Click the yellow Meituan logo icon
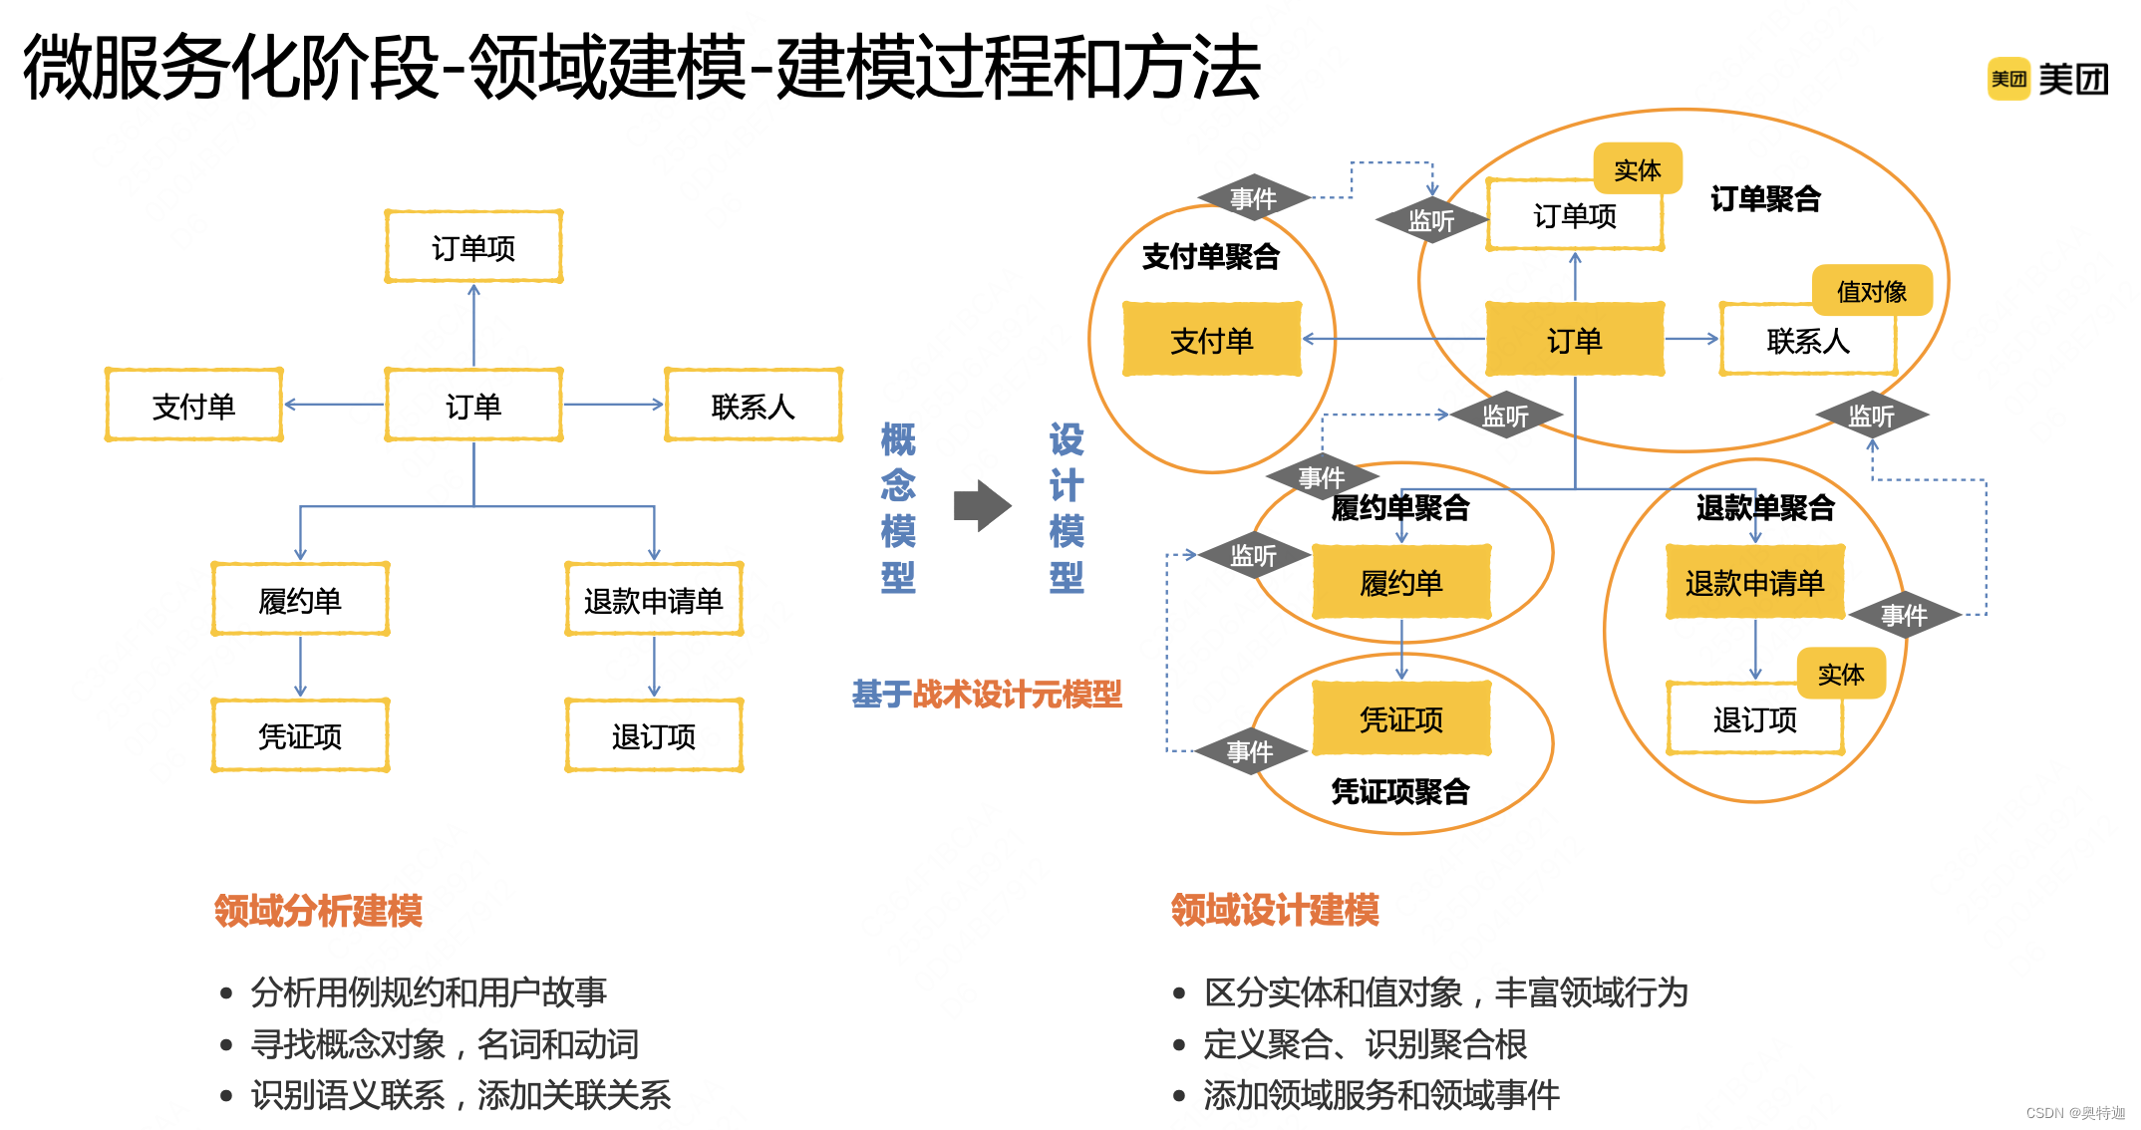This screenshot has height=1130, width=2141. click(2008, 79)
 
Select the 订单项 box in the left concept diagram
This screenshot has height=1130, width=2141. click(473, 247)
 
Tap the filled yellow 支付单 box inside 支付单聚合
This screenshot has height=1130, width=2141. click(1211, 341)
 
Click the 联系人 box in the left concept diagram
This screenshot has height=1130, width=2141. click(753, 406)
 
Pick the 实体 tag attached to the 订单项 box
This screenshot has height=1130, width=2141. click(1637, 169)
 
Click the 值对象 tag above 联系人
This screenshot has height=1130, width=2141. click(1871, 291)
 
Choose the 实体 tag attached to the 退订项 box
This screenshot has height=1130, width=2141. click(1840, 674)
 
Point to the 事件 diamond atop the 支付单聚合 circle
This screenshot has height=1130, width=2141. click(1253, 198)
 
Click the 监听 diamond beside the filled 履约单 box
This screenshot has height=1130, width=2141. click(1253, 555)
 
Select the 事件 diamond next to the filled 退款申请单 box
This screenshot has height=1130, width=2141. click(1904, 615)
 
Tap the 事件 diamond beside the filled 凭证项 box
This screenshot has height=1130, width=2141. click(1250, 751)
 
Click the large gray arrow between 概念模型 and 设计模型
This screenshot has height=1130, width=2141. click(982, 506)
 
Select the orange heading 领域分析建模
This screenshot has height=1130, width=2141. click(318, 910)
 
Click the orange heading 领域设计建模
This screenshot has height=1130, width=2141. click(1275, 910)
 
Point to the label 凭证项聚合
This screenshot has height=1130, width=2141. click(1400, 791)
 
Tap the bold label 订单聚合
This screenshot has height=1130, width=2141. click(1765, 198)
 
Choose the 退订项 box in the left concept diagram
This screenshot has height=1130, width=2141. click(654, 736)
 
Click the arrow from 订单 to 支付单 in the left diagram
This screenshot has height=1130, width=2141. click(334, 405)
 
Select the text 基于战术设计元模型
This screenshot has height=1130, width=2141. click(987, 694)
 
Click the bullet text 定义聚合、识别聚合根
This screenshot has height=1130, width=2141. click(1365, 1044)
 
